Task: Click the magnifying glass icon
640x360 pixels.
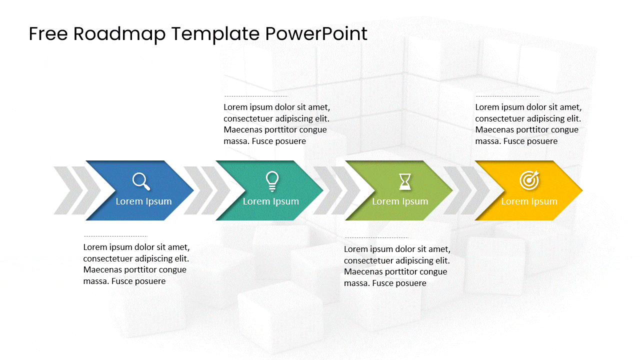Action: click(141, 181)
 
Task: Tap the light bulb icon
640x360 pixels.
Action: click(271, 181)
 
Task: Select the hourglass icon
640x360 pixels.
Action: click(404, 181)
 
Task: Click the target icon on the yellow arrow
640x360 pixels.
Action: click(529, 180)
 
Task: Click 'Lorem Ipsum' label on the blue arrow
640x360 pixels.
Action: click(143, 201)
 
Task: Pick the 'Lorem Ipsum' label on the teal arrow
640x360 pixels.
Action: click(270, 201)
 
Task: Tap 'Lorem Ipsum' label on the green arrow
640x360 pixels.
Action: click(400, 201)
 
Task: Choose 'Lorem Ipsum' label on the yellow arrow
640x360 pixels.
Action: click(529, 201)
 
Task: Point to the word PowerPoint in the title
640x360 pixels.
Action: click(316, 34)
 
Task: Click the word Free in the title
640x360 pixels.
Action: click(48, 34)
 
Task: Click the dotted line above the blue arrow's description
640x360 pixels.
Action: click(115, 236)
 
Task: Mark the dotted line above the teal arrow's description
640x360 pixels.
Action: click(256, 96)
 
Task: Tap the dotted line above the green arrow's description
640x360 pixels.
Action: click(376, 238)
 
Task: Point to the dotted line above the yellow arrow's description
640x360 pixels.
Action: click(507, 96)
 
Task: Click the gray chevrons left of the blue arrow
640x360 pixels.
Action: click(75, 190)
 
